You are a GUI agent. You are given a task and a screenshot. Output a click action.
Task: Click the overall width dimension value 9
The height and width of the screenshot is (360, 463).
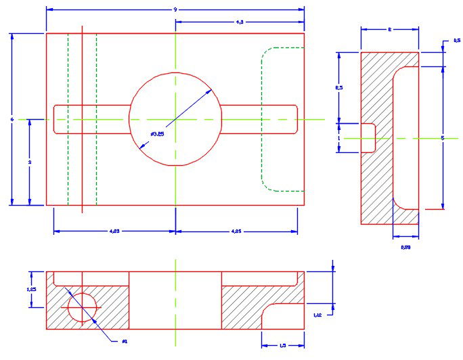click(175, 9)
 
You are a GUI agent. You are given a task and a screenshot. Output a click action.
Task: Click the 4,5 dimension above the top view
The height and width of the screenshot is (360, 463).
click(240, 22)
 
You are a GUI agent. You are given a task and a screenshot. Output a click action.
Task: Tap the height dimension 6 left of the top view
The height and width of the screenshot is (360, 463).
click(12, 119)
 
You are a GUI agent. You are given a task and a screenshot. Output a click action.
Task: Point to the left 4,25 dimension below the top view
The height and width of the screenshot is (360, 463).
click(115, 231)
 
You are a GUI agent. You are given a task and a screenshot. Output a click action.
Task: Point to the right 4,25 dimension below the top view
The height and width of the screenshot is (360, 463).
click(236, 231)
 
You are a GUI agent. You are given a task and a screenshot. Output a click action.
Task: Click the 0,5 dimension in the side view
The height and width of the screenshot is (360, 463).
click(457, 41)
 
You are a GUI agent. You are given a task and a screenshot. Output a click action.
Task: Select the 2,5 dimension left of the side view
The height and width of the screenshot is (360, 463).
click(340, 88)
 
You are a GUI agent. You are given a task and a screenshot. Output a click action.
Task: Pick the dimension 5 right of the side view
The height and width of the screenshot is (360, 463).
click(442, 138)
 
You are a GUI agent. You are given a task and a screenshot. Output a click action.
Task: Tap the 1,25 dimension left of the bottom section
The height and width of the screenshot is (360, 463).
click(30, 289)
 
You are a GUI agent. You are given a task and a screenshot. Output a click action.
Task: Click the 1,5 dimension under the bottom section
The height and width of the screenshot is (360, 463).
click(282, 346)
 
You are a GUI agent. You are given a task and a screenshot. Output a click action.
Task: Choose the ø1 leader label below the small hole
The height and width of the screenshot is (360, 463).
click(125, 340)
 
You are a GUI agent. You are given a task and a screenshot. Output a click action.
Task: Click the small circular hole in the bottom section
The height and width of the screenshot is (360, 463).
click(83, 307)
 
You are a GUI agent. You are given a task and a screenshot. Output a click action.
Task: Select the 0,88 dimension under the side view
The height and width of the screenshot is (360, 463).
click(405, 248)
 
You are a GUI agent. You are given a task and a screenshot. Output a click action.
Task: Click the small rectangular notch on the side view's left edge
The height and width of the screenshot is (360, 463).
click(368, 137)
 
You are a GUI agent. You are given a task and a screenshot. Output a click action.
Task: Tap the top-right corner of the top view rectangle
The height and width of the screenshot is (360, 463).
click(304, 33)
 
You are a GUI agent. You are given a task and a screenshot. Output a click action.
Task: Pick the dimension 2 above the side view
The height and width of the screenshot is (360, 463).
click(390, 30)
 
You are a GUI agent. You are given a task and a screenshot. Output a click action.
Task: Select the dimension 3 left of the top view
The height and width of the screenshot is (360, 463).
click(30, 162)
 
